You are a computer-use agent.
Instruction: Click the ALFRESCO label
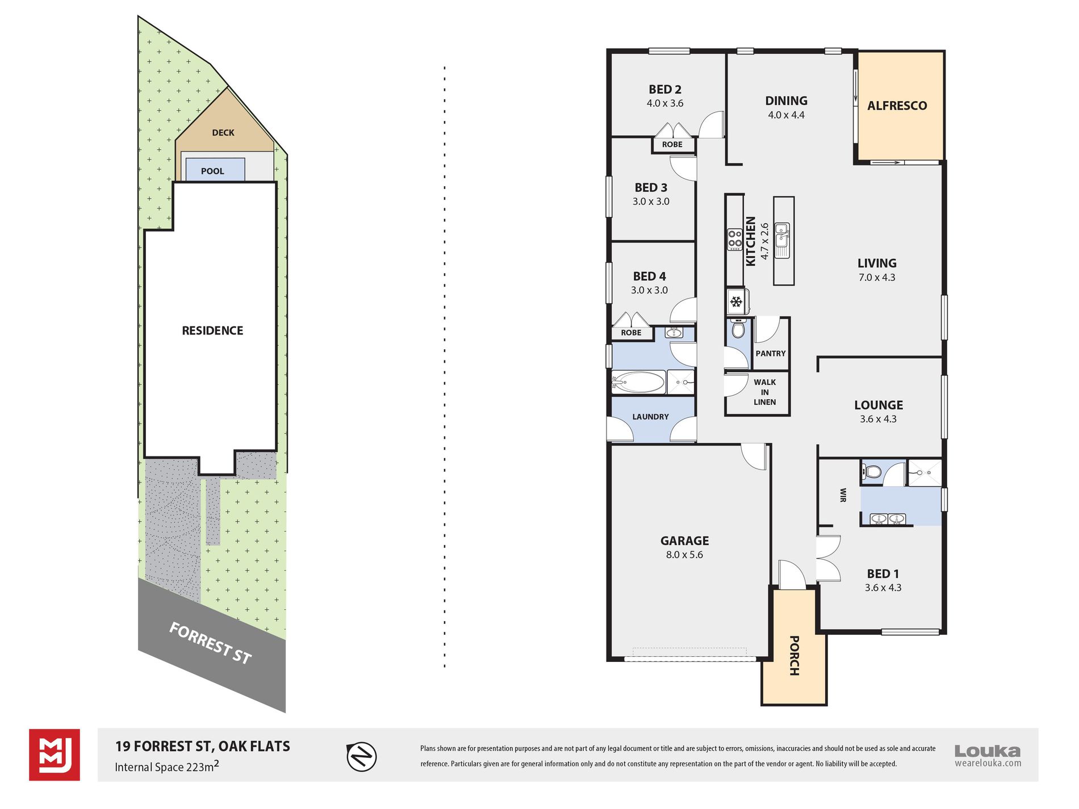(897, 106)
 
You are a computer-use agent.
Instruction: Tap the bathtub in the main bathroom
(638, 382)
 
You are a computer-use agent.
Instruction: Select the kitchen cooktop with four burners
(735, 239)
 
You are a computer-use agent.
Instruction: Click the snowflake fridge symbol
(736, 301)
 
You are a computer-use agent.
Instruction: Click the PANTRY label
(771, 353)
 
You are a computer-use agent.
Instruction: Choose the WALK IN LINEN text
(765, 392)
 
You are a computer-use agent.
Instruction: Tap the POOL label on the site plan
(212, 171)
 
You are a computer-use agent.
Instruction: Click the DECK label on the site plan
(223, 133)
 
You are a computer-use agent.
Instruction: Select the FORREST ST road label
(210, 643)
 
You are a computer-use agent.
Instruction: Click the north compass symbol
(362, 757)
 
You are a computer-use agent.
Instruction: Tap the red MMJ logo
(55, 755)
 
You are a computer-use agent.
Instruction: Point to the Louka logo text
(988, 751)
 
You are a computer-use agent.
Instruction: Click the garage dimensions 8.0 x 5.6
(684, 555)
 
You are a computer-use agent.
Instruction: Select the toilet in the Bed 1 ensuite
(871, 471)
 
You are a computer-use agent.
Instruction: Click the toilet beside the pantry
(738, 328)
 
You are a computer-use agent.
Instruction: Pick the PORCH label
(794, 656)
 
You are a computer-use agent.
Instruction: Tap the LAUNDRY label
(651, 417)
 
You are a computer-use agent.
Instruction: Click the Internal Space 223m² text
(167, 766)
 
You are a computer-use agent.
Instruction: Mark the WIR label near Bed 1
(843, 495)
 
